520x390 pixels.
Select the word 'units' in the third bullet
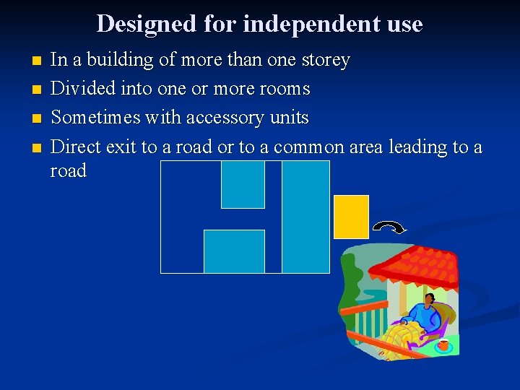pos(290,117)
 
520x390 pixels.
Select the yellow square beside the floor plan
pos(351,217)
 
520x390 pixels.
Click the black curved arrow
pos(389,228)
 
